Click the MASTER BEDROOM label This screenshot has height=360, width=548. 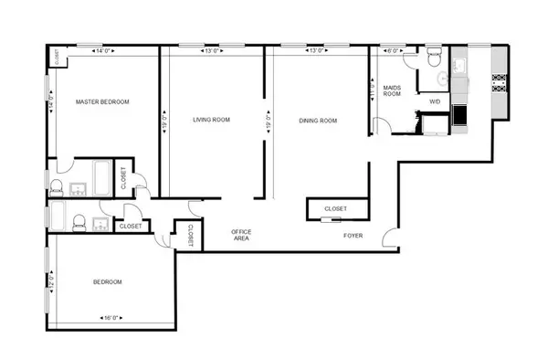[x=102, y=102]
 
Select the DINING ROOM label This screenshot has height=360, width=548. [x=318, y=120]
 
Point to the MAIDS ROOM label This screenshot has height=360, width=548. [x=393, y=90]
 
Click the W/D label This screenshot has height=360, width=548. [x=436, y=102]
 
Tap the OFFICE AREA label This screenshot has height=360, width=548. [x=241, y=236]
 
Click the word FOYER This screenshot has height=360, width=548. [x=353, y=236]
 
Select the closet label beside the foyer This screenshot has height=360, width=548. [x=335, y=209]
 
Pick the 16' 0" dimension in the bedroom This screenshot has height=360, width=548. [x=108, y=317]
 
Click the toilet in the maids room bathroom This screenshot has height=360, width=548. [x=435, y=59]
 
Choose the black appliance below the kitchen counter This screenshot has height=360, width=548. [x=459, y=116]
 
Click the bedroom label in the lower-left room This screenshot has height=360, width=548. [x=108, y=282]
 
